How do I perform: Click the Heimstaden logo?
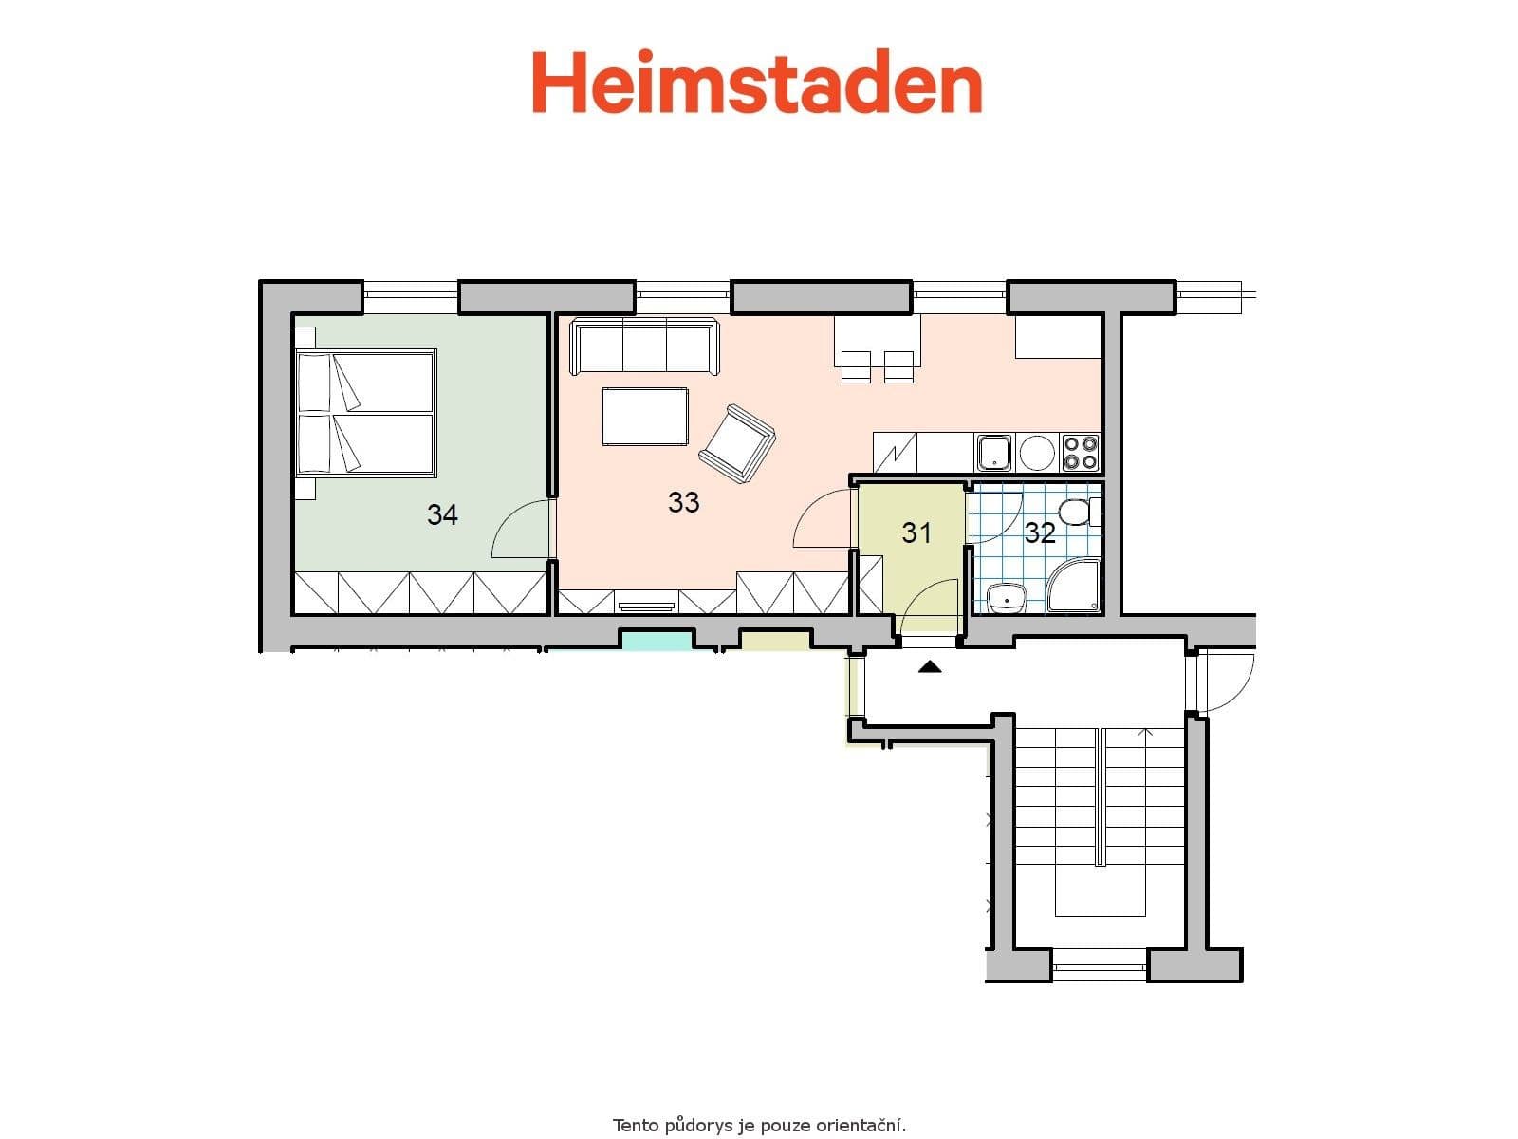(x=756, y=84)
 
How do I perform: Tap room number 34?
(x=442, y=515)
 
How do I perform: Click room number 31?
(x=916, y=533)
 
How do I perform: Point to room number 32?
(x=1040, y=533)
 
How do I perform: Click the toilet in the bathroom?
(x=1078, y=513)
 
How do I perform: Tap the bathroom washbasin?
(x=1006, y=597)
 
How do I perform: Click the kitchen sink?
(x=994, y=453)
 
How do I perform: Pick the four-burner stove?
(x=1081, y=453)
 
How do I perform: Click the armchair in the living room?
(x=736, y=441)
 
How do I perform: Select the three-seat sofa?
(x=644, y=347)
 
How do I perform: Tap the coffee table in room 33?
(x=644, y=417)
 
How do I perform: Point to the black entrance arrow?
(x=930, y=667)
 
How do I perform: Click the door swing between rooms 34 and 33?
(x=520, y=532)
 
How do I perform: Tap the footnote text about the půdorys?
(x=759, y=1126)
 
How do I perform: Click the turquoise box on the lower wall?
(x=656, y=640)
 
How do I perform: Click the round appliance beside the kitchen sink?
(x=1036, y=453)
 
